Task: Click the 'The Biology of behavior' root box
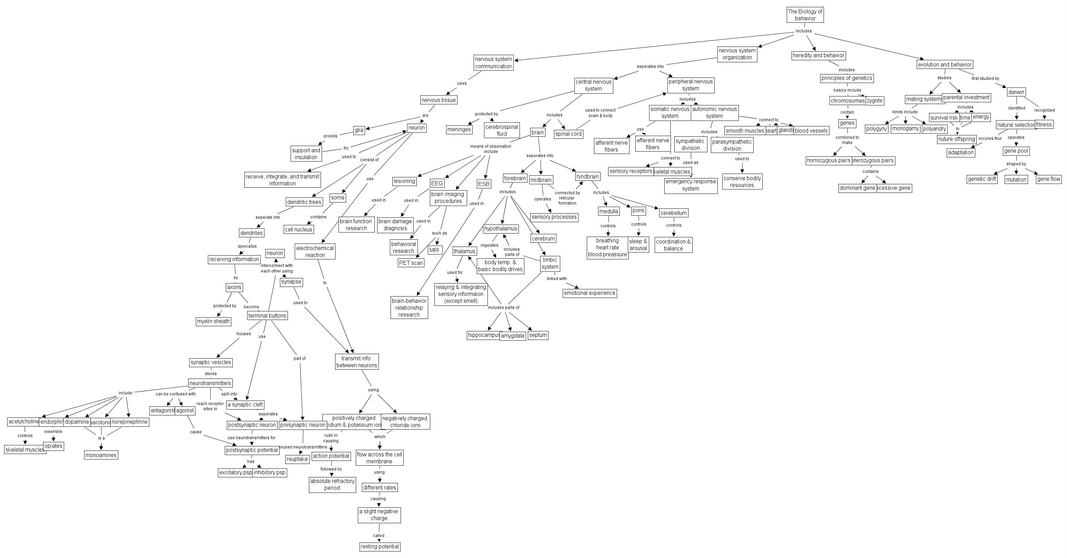pyautogui.click(x=805, y=15)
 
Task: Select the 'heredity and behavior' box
pyautogui.click(x=818, y=55)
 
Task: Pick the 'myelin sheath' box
pyautogui.click(x=213, y=321)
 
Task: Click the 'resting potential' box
pyautogui.click(x=380, y=546)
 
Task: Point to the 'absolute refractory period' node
pyautogui.click(x=332, y=484)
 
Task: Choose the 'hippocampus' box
pyautogui.click(x=484, y=335)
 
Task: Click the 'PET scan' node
pyautogui.click(x=411, y=263)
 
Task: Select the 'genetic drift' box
pyautogui.click(x=982, y=179)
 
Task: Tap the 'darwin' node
pyautogui.click(x=1016, y=92)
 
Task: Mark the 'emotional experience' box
pyautogui.click(x=590, y=293)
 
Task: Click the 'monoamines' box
pyautogui.click(x=101, y=455)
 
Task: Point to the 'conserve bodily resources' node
pyautogui.click(x=742, y=182)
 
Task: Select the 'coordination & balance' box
pyautogui.click(x=673, y=245)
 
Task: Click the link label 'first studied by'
pyautogui.click(x=985, y=79)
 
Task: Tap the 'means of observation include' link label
pyautogui.click(x=491, y=148)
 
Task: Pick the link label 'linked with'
pyautogui.click(x=556, y=279)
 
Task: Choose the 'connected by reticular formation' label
pyautogui.click(x=567, y=198)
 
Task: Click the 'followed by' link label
pyautogui.click(x=331, y=469)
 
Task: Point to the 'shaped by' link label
pyautogui.click(x=1016, y=164)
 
